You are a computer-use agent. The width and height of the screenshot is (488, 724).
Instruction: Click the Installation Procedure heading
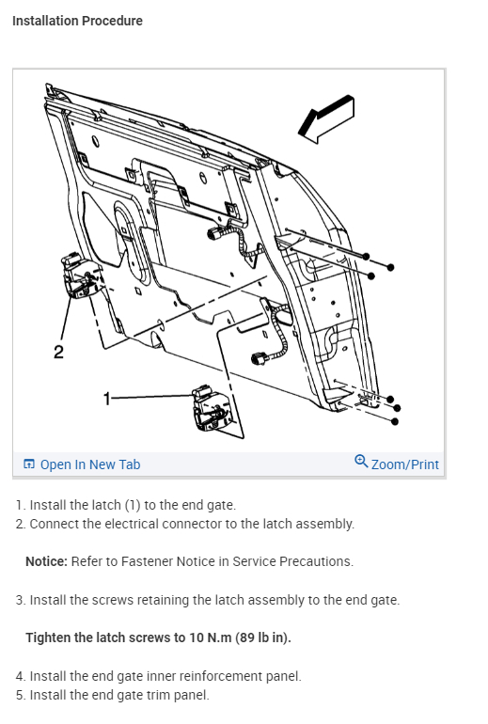click(x=77, y=21)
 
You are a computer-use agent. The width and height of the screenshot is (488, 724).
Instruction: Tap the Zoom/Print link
click(x=405, y=464)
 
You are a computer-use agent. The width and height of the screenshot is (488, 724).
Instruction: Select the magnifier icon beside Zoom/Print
click(x=361, y=462)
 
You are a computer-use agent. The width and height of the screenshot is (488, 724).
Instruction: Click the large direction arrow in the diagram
click(x=326, y=118)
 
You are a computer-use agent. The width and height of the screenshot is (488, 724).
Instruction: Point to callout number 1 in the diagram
click(x=107, y=398)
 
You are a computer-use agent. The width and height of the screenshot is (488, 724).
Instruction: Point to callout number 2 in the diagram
click(x=58, y=353)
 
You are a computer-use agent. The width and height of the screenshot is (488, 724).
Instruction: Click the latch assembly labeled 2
click(x=81, y=275)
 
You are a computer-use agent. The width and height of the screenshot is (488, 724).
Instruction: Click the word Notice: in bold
click(x=46, y=561)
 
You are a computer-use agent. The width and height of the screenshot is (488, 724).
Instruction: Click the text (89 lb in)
click(x=263, y=637)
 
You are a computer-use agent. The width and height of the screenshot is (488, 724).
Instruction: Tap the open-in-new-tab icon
click(x=29, y=464)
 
